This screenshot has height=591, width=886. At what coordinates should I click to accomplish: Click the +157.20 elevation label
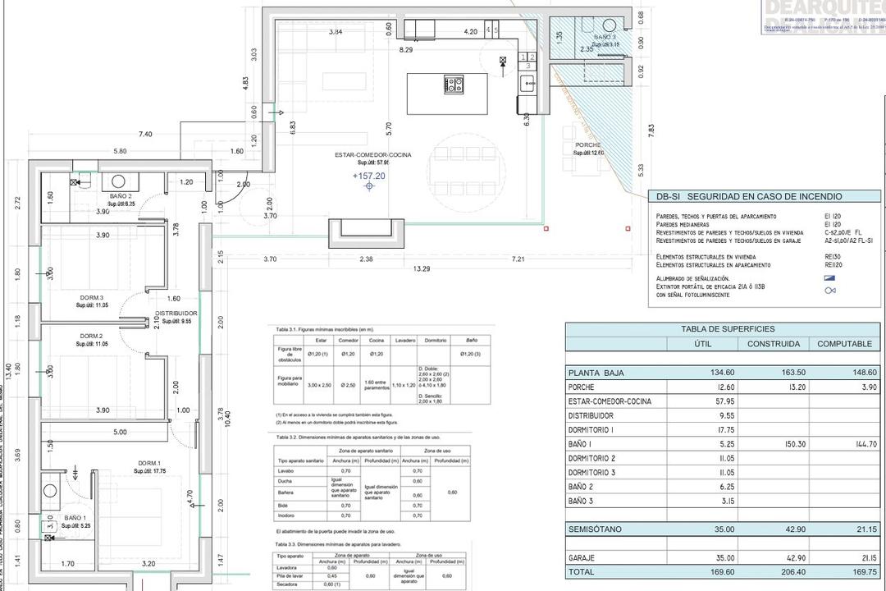click(368, 176)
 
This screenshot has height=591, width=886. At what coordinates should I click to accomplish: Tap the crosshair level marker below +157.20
click(369, 187)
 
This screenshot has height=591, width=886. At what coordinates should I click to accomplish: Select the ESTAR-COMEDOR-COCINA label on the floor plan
click(372, 155)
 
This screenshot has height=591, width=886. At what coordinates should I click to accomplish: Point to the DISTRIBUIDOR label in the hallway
click(176, 314)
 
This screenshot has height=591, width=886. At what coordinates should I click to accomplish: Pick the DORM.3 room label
click(91, 297)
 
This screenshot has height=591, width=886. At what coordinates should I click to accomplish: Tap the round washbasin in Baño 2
click(118, 181)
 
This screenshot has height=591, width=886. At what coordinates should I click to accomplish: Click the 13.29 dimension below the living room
click(422, 268)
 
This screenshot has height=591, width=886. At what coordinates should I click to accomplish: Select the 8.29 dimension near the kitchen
click(406, 50)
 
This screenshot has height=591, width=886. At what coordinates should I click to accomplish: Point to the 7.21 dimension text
click(518, 259)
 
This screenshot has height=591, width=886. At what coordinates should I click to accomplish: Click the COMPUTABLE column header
click(849, 344)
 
